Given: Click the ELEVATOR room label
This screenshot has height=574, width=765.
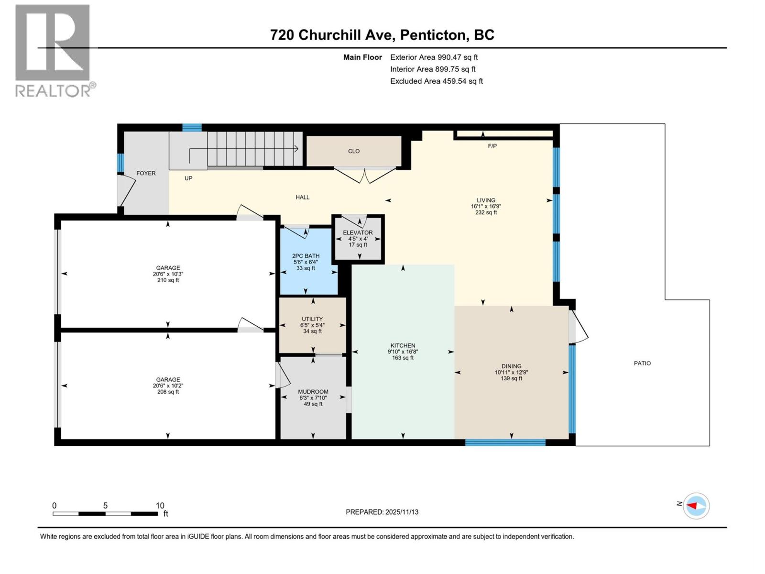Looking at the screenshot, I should (x=358, y=232).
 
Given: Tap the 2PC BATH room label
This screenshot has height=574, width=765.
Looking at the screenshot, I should (x=306, y=256).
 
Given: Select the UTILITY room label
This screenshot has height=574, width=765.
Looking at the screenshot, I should (x=312, y=319).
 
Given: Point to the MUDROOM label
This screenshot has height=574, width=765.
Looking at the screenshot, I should (x=313, y=392).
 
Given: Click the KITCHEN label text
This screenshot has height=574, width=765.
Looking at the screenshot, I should (x=403, y=345).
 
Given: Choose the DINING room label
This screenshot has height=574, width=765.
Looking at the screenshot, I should (x=511, y=366).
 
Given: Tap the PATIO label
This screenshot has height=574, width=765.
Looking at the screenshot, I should (x=642, y=363).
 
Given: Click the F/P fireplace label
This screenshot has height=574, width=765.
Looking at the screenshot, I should (x=492, y=146).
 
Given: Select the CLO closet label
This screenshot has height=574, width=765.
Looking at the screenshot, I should (x=354, y=151).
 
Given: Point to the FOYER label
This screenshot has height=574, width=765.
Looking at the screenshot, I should (x=146, y=173).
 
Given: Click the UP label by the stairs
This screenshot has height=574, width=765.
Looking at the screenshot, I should (x=188, y=178).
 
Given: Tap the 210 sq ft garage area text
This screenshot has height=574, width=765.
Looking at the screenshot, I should (x=168, y=280).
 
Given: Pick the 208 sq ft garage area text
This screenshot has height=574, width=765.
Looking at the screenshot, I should (x=168, y=392).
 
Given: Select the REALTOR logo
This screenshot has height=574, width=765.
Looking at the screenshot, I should (x=54, y=50).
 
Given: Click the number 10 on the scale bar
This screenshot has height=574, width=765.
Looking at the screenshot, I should (x=160, y=506).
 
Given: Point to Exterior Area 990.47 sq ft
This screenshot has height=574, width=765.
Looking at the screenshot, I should (x=434, y=57).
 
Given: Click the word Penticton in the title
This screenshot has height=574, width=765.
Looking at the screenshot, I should (x=433, y=35).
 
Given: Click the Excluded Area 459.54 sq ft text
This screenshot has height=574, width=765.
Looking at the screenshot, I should (x=436, y=81).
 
